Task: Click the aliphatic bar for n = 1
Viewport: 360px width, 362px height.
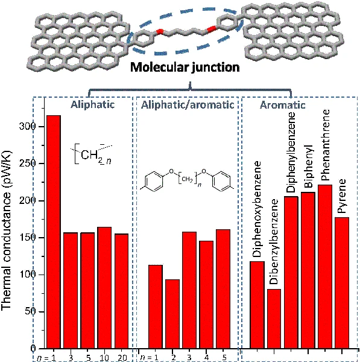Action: [54, 232]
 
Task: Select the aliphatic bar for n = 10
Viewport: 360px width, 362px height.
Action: [104, 287]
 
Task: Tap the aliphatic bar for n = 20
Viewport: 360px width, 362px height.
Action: [121, 291]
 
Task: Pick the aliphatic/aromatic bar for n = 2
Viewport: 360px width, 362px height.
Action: [172, 314]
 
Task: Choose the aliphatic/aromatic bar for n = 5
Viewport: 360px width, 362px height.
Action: [223, 289]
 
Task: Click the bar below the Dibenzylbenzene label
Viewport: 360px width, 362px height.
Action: [274, 319]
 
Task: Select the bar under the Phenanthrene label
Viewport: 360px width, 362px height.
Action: [325, 267]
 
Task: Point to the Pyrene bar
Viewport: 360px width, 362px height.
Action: [342, 283]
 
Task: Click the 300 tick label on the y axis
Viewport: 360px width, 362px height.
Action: [27, 126]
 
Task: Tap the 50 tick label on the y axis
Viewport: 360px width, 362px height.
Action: [30, 311]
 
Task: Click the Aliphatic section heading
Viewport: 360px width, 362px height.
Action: [92, 104]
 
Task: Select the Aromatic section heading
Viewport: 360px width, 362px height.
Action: [283, 105]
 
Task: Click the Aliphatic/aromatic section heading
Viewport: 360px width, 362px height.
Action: [188, 105]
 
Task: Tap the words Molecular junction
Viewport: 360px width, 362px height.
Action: [185, 67]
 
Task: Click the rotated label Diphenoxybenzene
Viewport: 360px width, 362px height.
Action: [257, 209]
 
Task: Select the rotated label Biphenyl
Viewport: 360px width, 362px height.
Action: [308, 166]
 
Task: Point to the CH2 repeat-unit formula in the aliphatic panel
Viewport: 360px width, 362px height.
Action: [92, 154]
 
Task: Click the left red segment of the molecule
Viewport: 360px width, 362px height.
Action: [159, 31]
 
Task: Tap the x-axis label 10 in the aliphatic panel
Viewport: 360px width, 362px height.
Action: [104, 358]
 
